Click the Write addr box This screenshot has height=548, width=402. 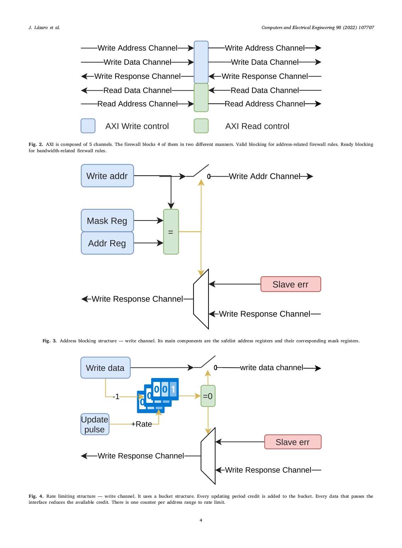(x=107, y=176)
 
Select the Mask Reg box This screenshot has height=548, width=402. (x=107, y=221)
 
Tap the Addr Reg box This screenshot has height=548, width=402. (x=107, y=243)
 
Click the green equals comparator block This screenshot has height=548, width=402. (x=171, y=232)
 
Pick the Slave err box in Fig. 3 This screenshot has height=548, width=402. (x=291, y=284)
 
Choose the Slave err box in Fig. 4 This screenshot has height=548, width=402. (x=293, y=442)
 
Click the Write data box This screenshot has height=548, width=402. (x=105, y=368)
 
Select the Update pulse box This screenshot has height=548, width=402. (x=95, y=424)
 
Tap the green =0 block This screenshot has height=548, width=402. (x=208, y=396)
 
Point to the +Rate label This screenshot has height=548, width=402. (x=141, y=424)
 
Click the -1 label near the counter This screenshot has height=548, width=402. (x=116, y=397)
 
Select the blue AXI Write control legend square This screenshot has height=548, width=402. (x=88, y=126)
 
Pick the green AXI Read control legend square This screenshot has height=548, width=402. (x=201, y=126)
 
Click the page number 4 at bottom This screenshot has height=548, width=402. (x=201, y=520)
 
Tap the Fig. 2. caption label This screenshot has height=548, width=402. (x=36, y=144)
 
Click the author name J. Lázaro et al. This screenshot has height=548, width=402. (x=44, y=28)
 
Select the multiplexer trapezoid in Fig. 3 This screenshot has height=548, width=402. (x=201, y=299)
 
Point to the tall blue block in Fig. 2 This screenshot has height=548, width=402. (x=201, y=62)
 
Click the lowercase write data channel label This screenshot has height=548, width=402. (x=272, y=367)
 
